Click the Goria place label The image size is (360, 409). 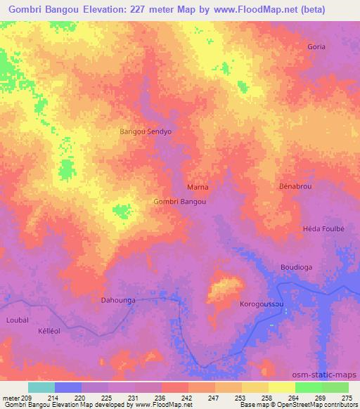pyautogui.click(x=316, y=46)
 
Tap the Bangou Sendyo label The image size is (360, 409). pyautogui.click(x=146, y=131)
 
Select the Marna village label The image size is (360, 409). pyautogui.click(x=198, y=188)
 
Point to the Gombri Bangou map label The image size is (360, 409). pyautogui.click(x=179, y=202)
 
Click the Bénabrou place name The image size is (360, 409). pyautogui.click(x=295, y=187)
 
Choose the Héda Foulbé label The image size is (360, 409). pyautogui.click(x=323, y=229)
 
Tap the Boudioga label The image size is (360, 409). pyautogui.click(x=296, y=267)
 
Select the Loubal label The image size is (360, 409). pyautogui.click(x=18, y=319)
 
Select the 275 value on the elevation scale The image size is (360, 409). pyautogui.click(x=347, y=398)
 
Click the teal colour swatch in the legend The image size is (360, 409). pyautogui.click(x=41, y=387)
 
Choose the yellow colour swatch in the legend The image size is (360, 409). pyautogui.click(x=282, y=387)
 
